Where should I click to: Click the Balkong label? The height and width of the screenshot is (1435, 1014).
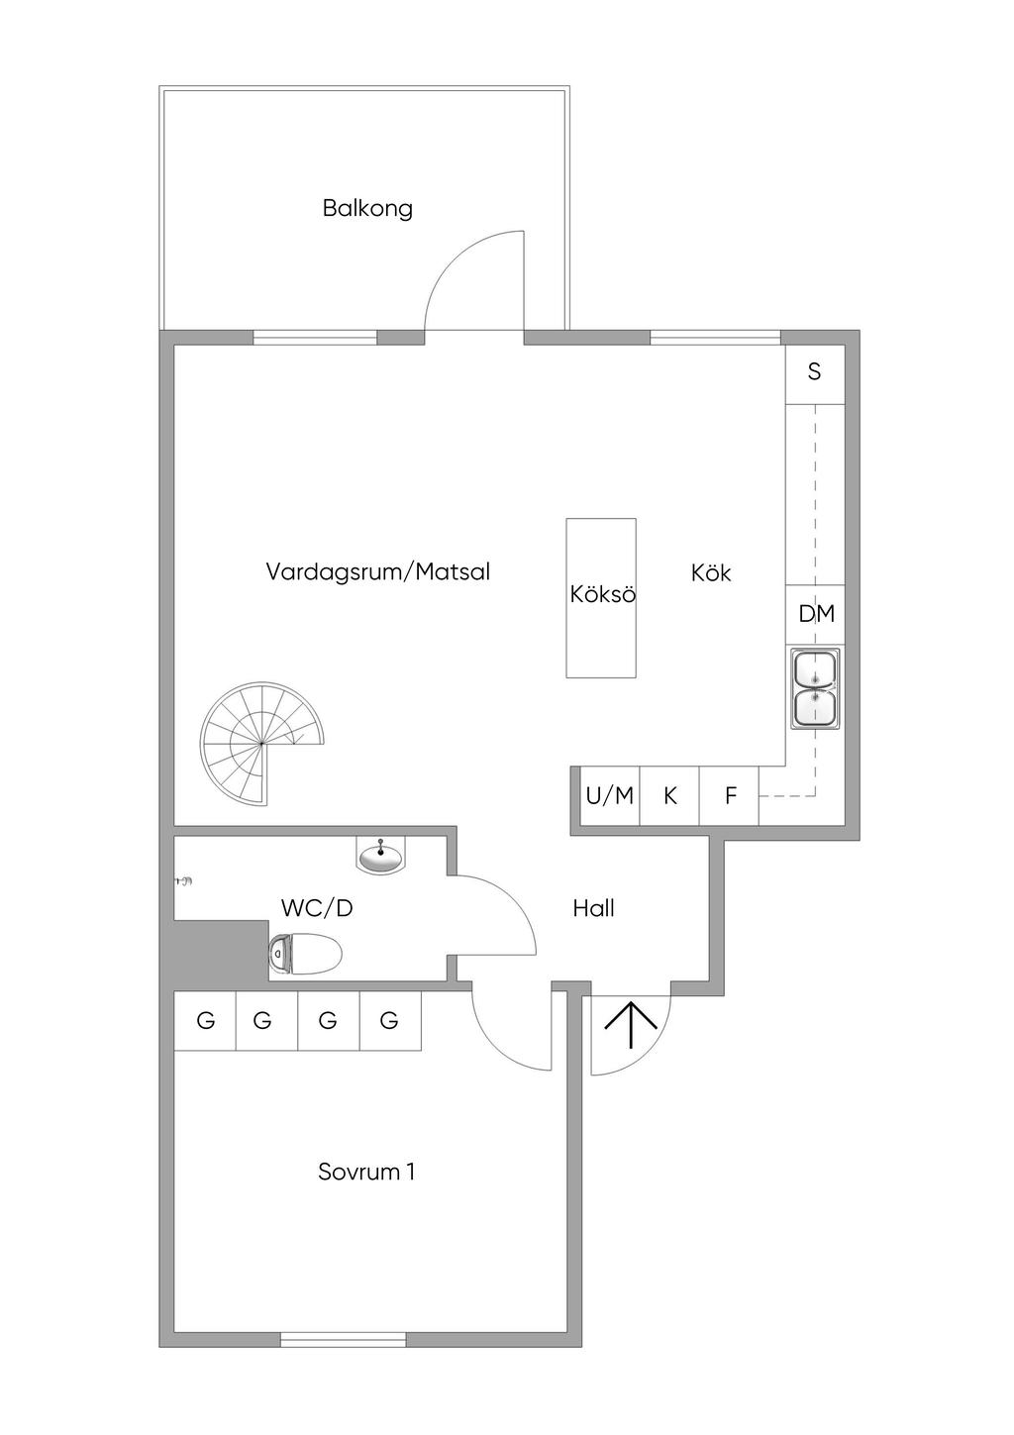pyautogui.click(x=367, y=209)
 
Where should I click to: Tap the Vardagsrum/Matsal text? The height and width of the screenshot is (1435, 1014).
pyautogui.click(x=377, y=572)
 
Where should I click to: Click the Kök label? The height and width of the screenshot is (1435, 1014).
pyautogui.click(x=711, y=572)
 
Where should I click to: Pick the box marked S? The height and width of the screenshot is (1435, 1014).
pyautogui.click(x=814, y=373)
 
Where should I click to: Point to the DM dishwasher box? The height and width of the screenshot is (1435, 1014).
pyautogui.click(x=816, y=614)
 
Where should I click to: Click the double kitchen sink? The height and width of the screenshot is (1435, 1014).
pyautogui.click(x=814, y=689)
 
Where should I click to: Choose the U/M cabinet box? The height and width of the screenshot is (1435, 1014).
pyautogui.click(x=609, y=796)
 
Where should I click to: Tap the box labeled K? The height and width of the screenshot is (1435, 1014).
pyautogui.click(x=669, y=796)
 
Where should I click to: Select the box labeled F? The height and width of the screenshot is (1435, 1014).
pyautogui.click(x=730, y=796)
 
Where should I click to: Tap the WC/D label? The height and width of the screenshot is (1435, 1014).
pyautogui.click(x=317, y=908)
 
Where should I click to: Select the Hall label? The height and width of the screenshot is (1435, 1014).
pyautogui.click(x=593, y=908)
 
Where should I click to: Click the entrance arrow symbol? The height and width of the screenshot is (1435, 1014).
pyautogui.click(x=631, y=1025)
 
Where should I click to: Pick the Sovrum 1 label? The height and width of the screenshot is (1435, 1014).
pyautogui.click(x=366, y=1172)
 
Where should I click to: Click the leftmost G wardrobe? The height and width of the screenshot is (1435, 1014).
pyautogui.click(x=205, y=1020)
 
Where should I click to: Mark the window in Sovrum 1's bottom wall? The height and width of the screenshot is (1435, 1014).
pyautogui.click(x=344, y=1340)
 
